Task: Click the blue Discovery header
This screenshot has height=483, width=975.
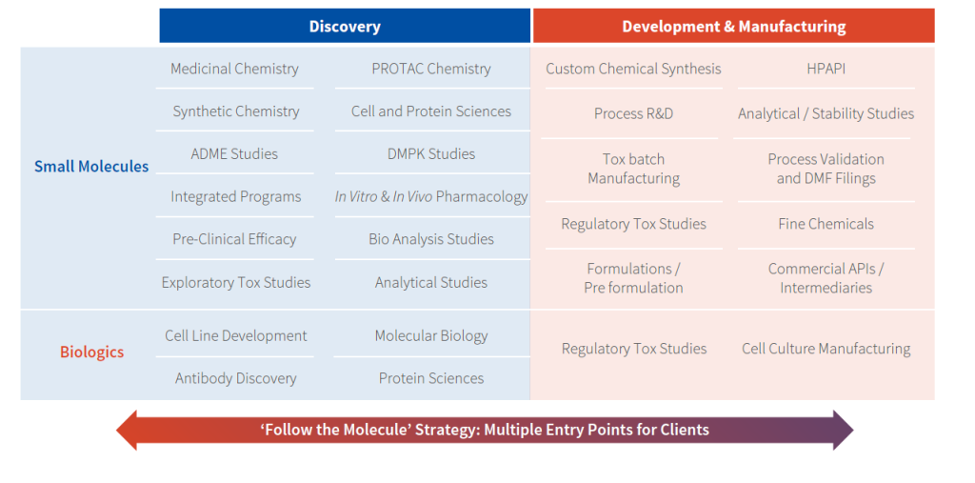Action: pyautogui.click(x=345, y=26)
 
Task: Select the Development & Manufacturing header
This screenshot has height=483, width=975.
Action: pyautogui.click(x=734, y=26)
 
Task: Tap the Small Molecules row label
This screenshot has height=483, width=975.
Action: pyautogui.click(x=91, y=167)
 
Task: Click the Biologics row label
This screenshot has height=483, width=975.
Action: pyautogui.click(x=92, y=352)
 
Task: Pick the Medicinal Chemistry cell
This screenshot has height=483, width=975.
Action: pyautogui.click(x=234, y=69)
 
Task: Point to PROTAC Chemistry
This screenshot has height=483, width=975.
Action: pyautogui.click(x=431, y=69)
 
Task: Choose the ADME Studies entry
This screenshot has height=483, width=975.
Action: pyautogui.click(x=234, y=153)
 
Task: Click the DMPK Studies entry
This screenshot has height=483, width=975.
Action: pyautogui.click(x=431, y=153)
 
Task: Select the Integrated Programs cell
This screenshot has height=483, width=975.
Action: pyautogui.click(x=236, y=196)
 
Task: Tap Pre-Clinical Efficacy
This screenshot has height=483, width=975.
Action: pyautogui.click(x=234, y=239)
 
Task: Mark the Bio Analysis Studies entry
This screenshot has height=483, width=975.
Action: pyautogui.click(x=431, y=239)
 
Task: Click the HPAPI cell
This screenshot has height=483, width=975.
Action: pyautogui.click(x=826, y=69)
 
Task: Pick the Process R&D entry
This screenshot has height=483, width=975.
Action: pyautogui.click(x=633, y=114)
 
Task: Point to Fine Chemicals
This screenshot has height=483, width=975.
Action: pyautogui.click(x=826, y=224)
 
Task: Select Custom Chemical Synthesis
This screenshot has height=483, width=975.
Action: pyautogui.click(x=633, y=69)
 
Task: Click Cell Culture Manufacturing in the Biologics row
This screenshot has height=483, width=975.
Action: pyautogui.click(x=826, y=349)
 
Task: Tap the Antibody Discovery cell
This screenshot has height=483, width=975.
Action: pyautogui.click(x=236, y=378)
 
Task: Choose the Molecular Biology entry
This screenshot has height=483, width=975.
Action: pyautogui.click(x=431, y=336)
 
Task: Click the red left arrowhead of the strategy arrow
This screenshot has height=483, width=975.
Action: pyautogui.click(x=127, y=430)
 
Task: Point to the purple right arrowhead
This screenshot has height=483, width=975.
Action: pyautogui.click(x=844, y=430)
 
